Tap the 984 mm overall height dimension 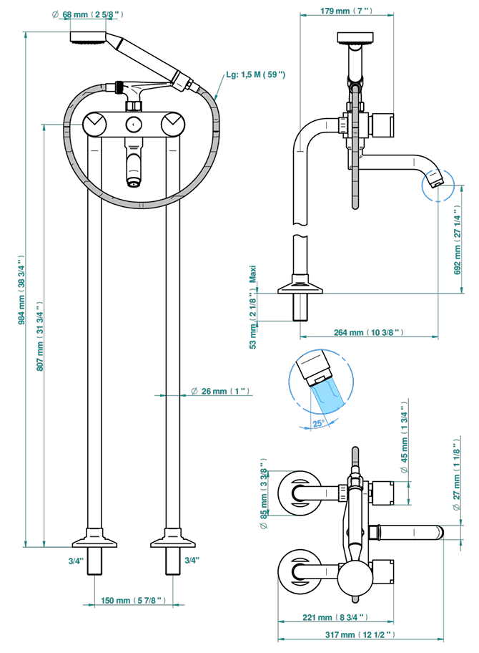pyautogui.click(x=22, y=289)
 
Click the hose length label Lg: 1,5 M pyautogui.click(x=256, y=74)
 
